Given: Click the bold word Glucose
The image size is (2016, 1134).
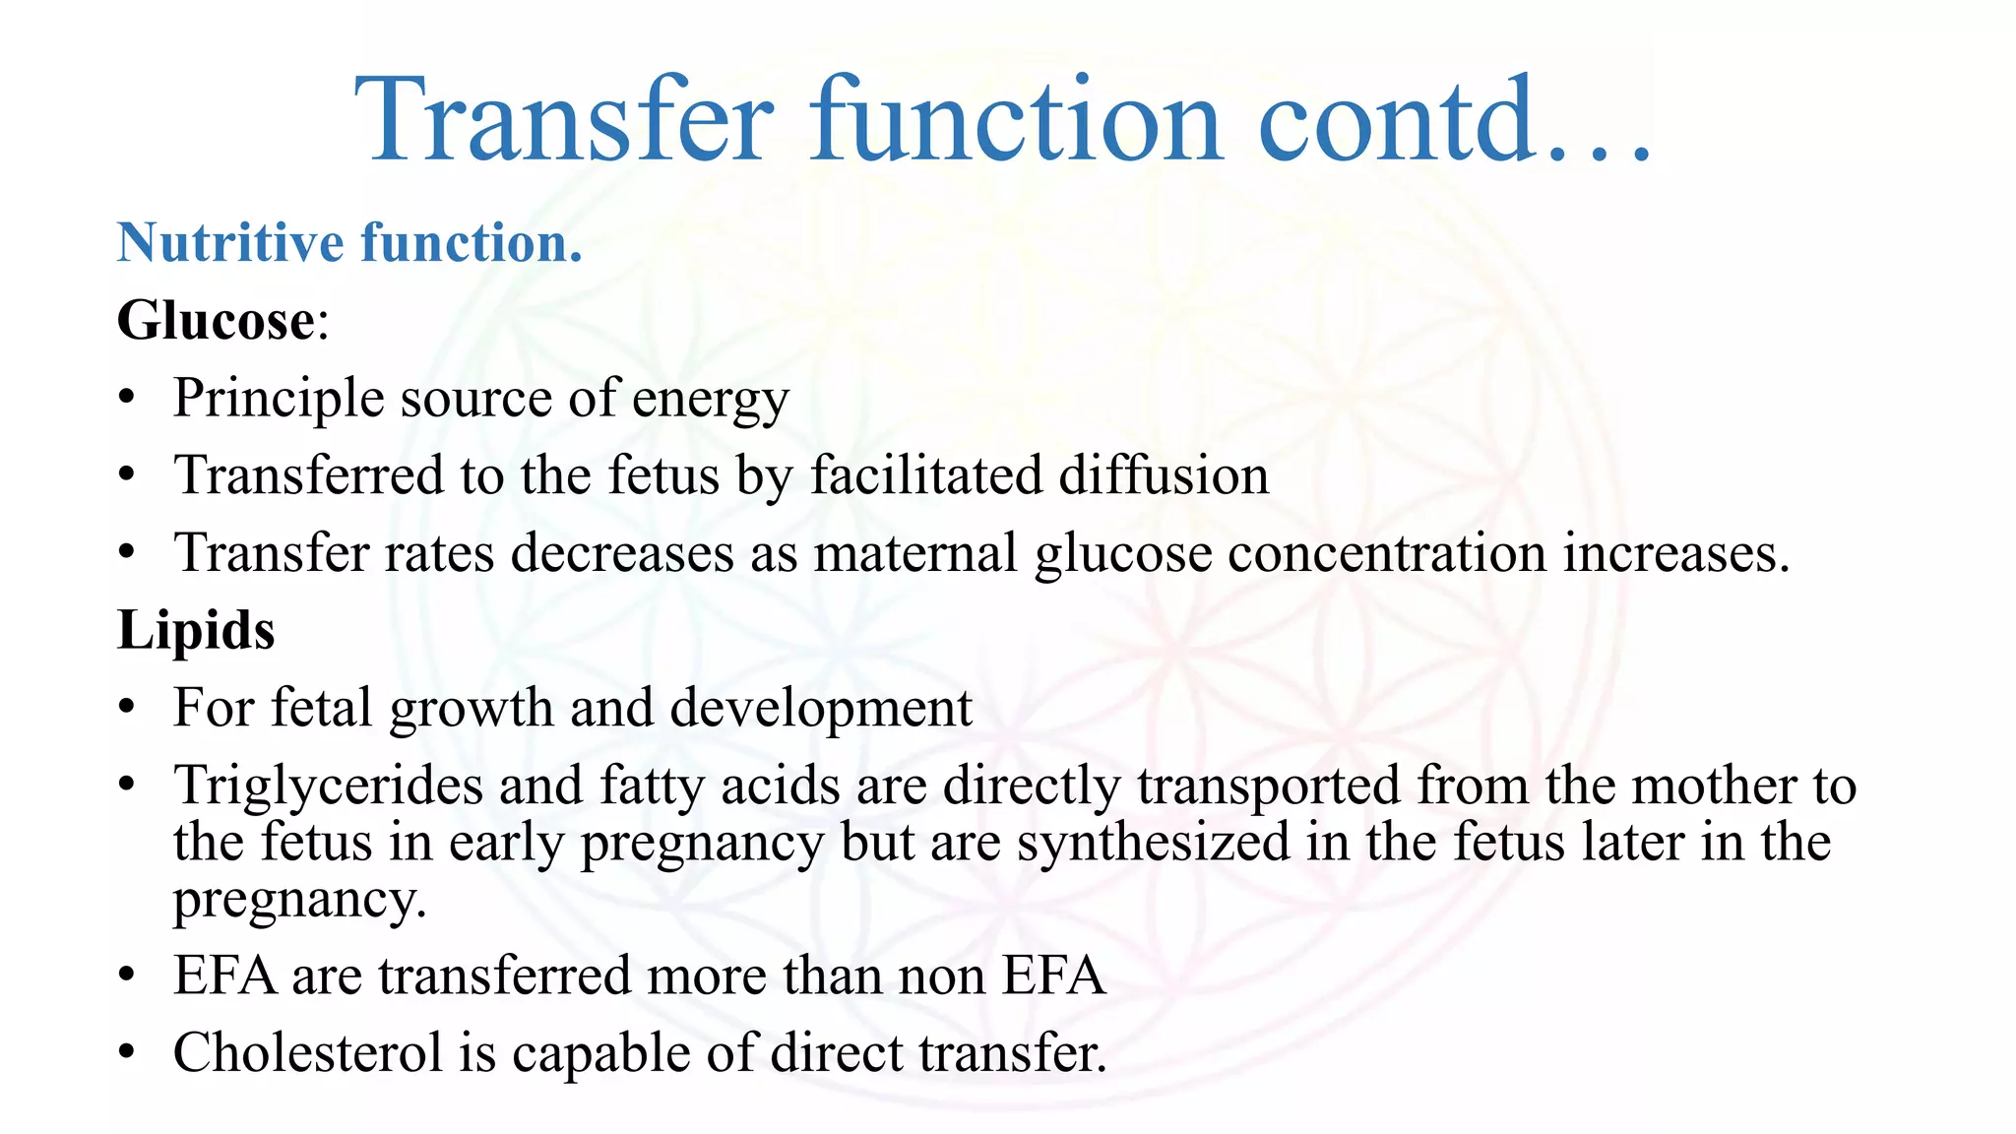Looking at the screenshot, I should click(x=216, y=321).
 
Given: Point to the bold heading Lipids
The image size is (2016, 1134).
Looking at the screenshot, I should click(x=196, y=630).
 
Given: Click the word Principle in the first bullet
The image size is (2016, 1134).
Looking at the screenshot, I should click(x=279, y=399).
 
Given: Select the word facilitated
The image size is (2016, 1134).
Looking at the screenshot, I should click(x=926, y=475).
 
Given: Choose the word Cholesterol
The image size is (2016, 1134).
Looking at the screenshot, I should click(x=307, y=1053).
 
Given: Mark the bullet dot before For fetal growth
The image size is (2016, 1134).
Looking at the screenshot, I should click(x=126, y=709).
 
